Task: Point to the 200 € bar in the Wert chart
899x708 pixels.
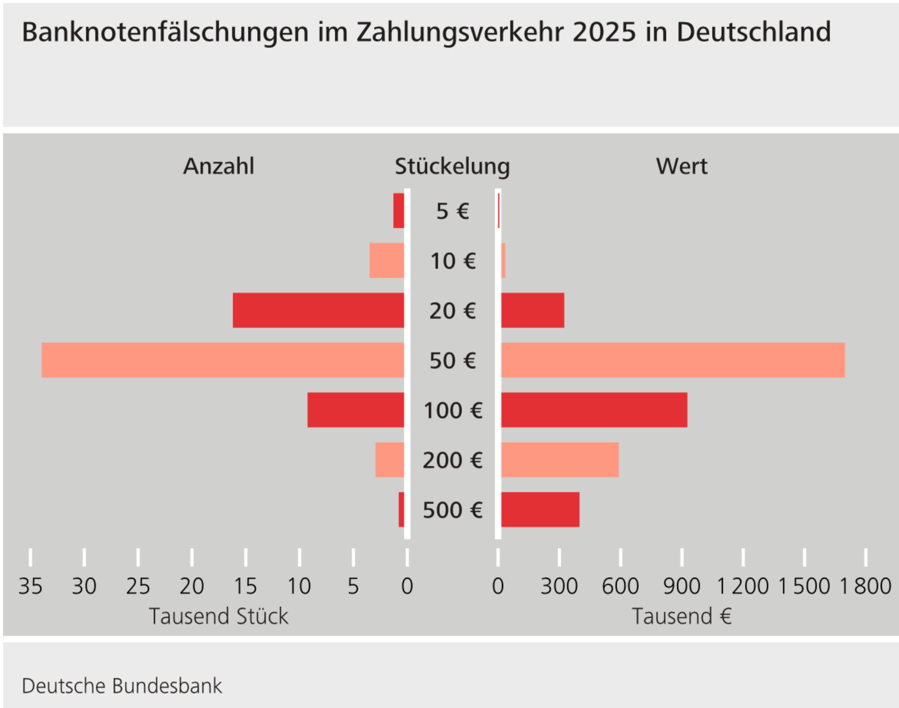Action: coord(560,460)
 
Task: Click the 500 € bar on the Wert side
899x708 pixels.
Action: coord(540,509)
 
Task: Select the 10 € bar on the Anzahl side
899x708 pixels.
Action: coord(387,260)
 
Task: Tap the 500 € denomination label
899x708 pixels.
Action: coord(453,510)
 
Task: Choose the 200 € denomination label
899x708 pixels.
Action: coord(453,460)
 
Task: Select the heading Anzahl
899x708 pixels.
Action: coord(218,166)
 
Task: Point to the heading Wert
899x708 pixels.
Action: coord(682,166)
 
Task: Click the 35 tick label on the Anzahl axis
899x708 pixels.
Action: coord(30,586)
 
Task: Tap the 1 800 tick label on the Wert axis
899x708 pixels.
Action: coord(865,586)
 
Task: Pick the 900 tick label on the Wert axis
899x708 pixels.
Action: coord(682,586)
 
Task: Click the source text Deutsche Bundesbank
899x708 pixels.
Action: coord(122,686)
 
